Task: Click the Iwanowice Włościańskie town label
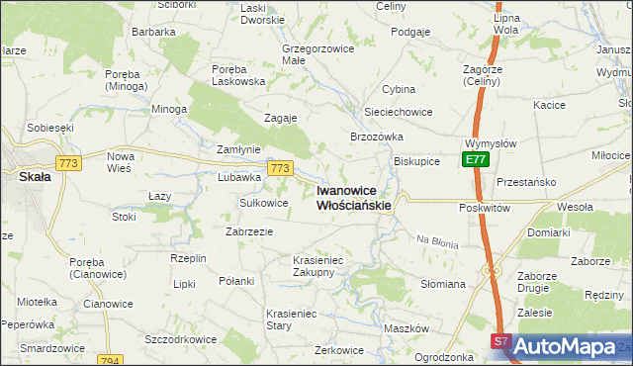353,198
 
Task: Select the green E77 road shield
476,159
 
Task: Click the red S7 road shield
500,342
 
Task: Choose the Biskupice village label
416,161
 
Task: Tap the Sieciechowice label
399,113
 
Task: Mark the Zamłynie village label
238,149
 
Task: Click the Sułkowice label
264,203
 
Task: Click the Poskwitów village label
485,209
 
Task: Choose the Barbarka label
153,32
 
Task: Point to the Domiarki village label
548,232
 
